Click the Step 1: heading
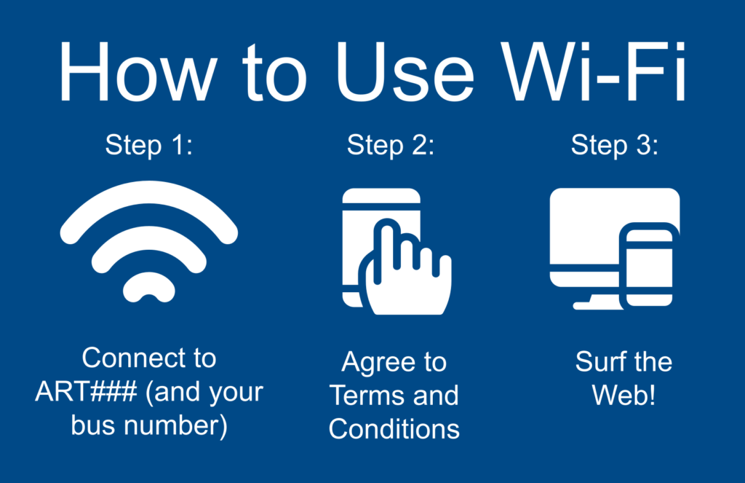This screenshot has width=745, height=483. click(x=149, y=145)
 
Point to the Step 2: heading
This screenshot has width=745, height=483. click(x=391, y=145)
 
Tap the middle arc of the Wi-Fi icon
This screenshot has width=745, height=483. click(x=148, y=237)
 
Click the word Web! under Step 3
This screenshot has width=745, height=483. click(x=624, y=395)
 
